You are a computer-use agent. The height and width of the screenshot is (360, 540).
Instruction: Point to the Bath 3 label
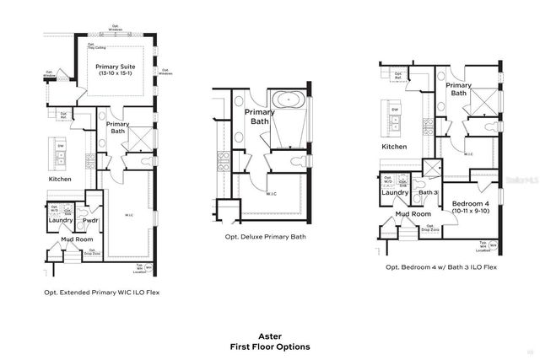point(429,193)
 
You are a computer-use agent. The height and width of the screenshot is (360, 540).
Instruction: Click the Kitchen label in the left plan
point(60,179)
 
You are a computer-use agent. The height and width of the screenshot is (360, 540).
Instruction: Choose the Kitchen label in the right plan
point(394,147)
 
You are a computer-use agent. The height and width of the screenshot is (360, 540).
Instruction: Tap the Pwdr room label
point(91,220)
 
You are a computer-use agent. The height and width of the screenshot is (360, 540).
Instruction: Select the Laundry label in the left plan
point(60,220)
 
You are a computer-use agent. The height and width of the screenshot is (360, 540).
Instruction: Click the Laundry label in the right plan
point(395,192)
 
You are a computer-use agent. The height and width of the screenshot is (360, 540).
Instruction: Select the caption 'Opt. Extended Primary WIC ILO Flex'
point(101,293)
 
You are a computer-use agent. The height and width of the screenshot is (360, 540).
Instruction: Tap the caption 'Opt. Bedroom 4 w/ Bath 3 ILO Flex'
point(440,266)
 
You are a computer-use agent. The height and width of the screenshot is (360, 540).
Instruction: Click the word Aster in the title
point(269,335)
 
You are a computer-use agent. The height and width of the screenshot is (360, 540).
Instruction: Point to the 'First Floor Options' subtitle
point(270,347)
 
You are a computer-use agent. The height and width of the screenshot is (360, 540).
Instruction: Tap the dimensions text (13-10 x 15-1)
point(118,74)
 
